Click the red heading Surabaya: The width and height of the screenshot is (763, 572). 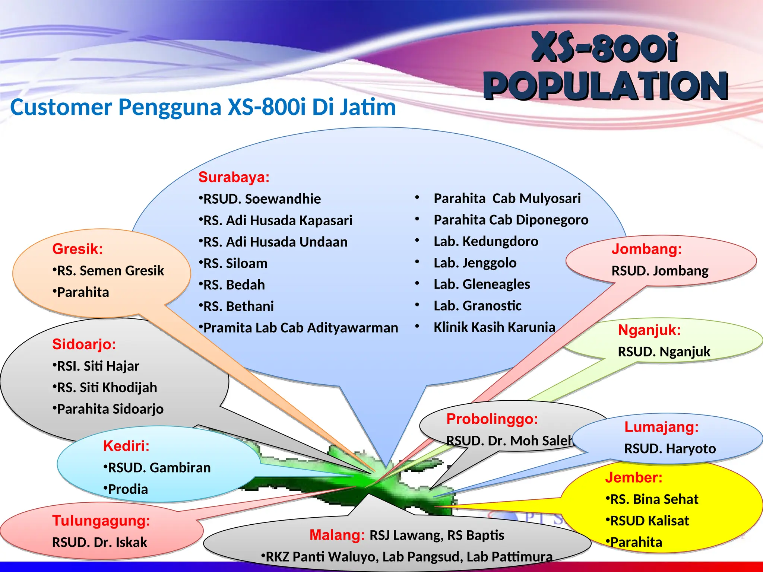click(234, 177)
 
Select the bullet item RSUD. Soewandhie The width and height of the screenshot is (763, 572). click(261, 199)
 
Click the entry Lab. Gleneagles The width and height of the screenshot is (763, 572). click(481, 285)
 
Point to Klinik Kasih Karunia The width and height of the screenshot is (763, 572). click(494, 327)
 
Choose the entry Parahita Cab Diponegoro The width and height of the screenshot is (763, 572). click(511, 220)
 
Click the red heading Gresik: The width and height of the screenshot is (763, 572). click(77, 249)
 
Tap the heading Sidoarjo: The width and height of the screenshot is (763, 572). click(84, 344)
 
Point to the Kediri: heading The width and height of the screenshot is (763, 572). click(126, 446)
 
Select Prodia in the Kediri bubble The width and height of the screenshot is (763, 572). click(127, 489)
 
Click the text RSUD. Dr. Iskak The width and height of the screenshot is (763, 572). click(99, 543)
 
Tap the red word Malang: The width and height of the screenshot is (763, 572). click(337, 535)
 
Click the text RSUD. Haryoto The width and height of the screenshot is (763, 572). click(670, 449)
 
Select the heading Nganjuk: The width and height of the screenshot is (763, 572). click(649, 330)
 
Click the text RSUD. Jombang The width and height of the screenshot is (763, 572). click(660, 271)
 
